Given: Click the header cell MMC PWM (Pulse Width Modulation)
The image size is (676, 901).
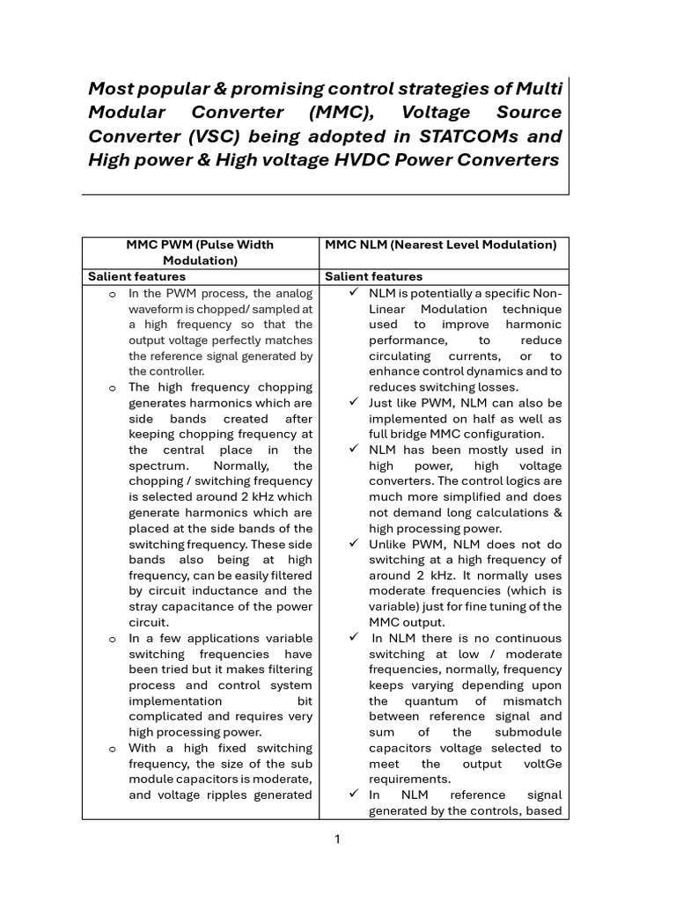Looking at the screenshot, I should coord(200,253).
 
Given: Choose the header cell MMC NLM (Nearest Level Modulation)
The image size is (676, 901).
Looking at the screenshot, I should coord(440,245).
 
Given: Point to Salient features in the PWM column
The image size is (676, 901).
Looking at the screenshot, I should coord(136,276).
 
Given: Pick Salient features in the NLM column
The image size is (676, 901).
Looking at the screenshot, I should coord(373,276).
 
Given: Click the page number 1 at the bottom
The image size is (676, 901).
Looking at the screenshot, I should coord(337,839).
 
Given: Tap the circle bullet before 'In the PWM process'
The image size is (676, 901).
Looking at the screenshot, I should coord(112,294).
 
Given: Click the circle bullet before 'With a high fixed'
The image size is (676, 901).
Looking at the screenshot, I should coord(112,749).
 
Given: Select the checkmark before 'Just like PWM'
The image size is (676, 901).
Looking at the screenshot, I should coord(354,402).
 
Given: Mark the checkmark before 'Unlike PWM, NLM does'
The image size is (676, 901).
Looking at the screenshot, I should coord(354,544).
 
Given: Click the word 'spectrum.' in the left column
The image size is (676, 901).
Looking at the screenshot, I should coord(157,465).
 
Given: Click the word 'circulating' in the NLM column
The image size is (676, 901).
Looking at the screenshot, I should coord(399,356).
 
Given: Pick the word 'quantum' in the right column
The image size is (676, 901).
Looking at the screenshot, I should coord(431,701).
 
